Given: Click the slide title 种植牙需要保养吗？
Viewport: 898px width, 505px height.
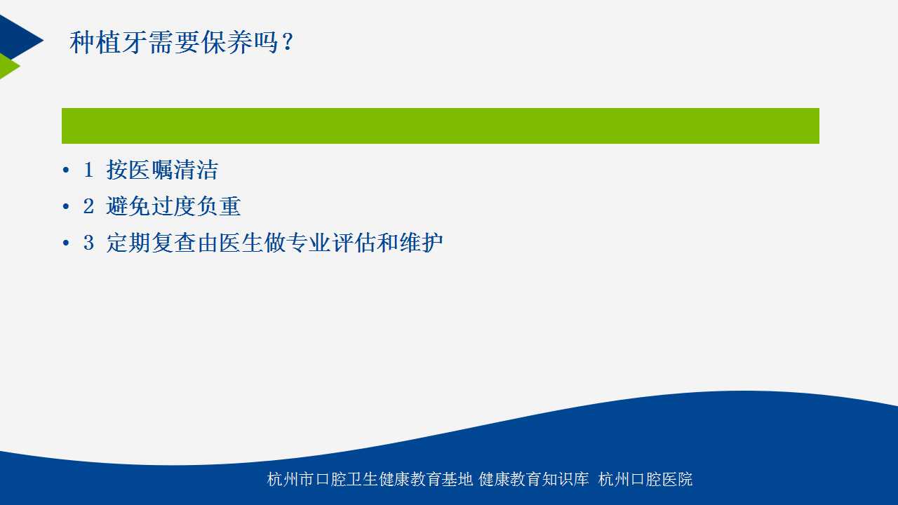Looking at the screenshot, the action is pyautogui.click(x=182, y=42).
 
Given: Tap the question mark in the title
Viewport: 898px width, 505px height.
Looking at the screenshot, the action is pyautogui.click(x=287, y=42).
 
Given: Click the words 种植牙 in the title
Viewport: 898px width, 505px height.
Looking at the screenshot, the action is pyautogui.click(x=108, y=42).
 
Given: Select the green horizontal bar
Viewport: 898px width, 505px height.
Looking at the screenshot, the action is pyautogui.click(x=440, y=126).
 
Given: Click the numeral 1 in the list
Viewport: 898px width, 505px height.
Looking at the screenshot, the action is pyautogui.click(x=88, y=170).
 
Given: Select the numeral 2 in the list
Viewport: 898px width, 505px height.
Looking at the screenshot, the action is pyautogui.click(x=88, y=206).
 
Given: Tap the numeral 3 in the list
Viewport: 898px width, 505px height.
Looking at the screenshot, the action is pyautogui.click(x=88, y=243).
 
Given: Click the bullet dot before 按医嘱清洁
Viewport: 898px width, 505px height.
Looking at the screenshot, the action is pyautogui.click(x=66, y=170).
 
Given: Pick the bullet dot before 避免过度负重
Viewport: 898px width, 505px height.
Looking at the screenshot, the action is pyautogui.click(x=66, y=206).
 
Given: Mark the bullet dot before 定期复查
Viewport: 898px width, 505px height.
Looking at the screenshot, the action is pyautogui.click(x=66, y=243).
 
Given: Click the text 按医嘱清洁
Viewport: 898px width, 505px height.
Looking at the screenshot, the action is pyautogui.click(x=162, y=170).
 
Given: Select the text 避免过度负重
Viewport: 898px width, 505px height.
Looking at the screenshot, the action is pyautogui.click(x=173, y=206).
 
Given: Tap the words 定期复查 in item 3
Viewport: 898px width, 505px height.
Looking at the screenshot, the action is pyautogui.click(x=151, y=243).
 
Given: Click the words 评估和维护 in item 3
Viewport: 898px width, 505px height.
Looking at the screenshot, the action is pyautogui.click(x=387, y=243).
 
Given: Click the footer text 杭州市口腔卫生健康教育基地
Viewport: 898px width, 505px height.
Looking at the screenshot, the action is pyautogui.click(x=370, y=479).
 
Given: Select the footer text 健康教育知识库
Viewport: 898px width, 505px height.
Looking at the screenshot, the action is pyautogui.click(x=534, y=479).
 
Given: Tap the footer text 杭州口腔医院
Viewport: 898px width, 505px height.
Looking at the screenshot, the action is pyautogui.click(x=645, y=479).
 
